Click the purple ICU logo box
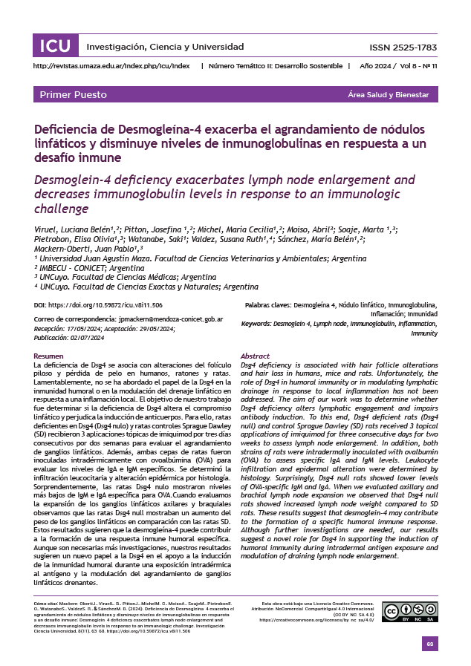55,46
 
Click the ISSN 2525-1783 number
403,48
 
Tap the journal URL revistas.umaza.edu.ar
113,66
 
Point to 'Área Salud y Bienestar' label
389,95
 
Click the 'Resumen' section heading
49,356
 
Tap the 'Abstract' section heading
255,356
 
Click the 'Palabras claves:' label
267,305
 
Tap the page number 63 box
429,644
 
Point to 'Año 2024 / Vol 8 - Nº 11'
398,66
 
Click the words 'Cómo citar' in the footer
46,604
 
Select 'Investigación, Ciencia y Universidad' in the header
155,47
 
